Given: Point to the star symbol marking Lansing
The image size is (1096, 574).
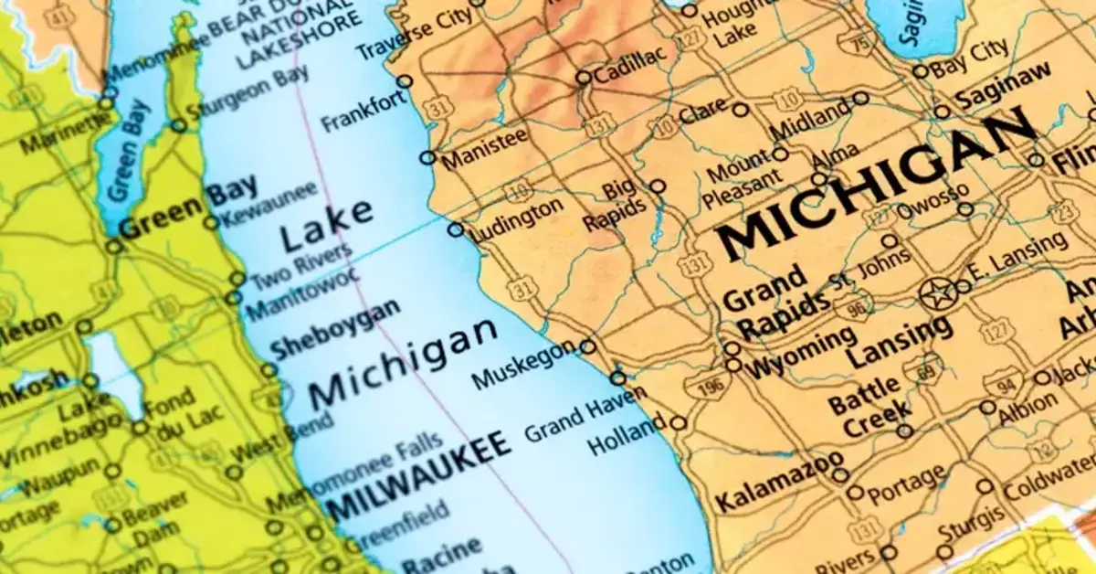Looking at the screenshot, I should coord(935,294).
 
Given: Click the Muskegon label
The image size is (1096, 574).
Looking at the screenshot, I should coord(524,365).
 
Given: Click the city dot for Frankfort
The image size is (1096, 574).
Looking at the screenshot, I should coord(405,81).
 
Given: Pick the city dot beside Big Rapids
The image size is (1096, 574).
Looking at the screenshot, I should coord(658,186).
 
